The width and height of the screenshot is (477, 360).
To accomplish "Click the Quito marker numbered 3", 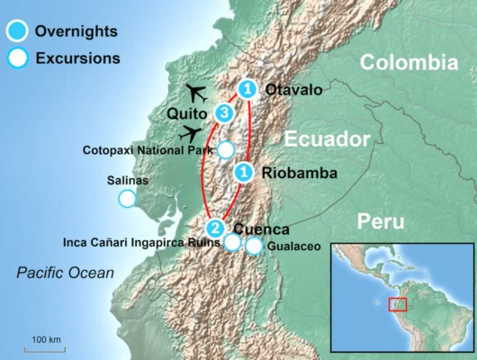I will [225, 113].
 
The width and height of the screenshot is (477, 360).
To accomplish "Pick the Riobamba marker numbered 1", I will [242, 172].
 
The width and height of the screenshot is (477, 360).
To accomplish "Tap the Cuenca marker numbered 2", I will [214, 228].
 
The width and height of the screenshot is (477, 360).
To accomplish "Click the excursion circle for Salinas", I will [128, 199].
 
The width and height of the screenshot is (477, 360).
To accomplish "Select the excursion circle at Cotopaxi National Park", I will [227, 149].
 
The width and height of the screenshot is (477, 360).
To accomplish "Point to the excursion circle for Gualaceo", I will [255, 245].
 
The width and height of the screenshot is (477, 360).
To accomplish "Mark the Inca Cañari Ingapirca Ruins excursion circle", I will [232, 242].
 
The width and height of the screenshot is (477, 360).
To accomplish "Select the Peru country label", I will [380, 221].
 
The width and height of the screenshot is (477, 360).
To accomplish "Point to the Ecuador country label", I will [328, 139].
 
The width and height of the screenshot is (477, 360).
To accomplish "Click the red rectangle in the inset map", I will [398, 304].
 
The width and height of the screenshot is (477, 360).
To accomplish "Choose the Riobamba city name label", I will [293, 172].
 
